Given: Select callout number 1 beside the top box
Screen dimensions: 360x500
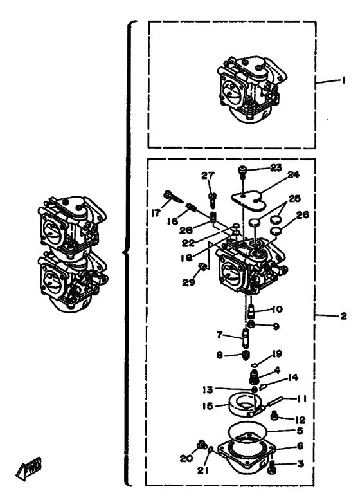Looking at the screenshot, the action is coord(343,80).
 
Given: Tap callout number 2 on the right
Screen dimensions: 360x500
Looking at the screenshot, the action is coord(343,316).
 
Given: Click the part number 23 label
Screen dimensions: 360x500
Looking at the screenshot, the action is coord(276,167).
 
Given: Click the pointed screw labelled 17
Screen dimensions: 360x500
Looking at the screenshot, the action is coord(173,197).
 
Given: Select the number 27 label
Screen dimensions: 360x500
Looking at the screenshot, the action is coord(208,176).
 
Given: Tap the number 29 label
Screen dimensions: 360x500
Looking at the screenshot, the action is coord(188,282).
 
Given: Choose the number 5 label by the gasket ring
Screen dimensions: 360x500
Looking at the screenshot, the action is coord(300,431).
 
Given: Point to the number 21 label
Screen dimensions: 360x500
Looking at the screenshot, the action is coord(203,469).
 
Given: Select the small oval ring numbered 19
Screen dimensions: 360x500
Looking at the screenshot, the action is coord(253,364).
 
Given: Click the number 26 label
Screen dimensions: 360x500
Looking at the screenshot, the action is coord(302,215).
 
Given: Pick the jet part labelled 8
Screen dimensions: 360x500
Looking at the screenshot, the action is coord(246,355).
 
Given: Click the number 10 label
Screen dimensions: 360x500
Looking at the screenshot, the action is coord(277,309).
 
